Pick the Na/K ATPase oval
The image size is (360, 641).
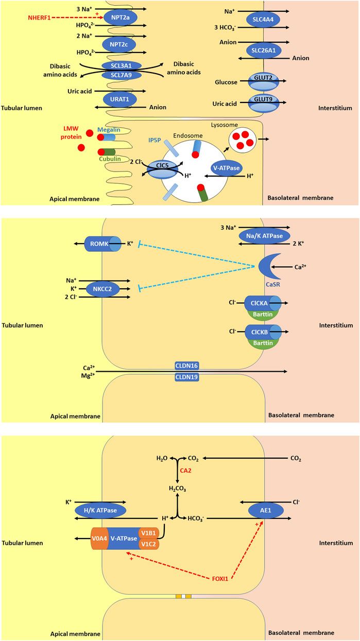263,235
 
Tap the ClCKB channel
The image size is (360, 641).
264,332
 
